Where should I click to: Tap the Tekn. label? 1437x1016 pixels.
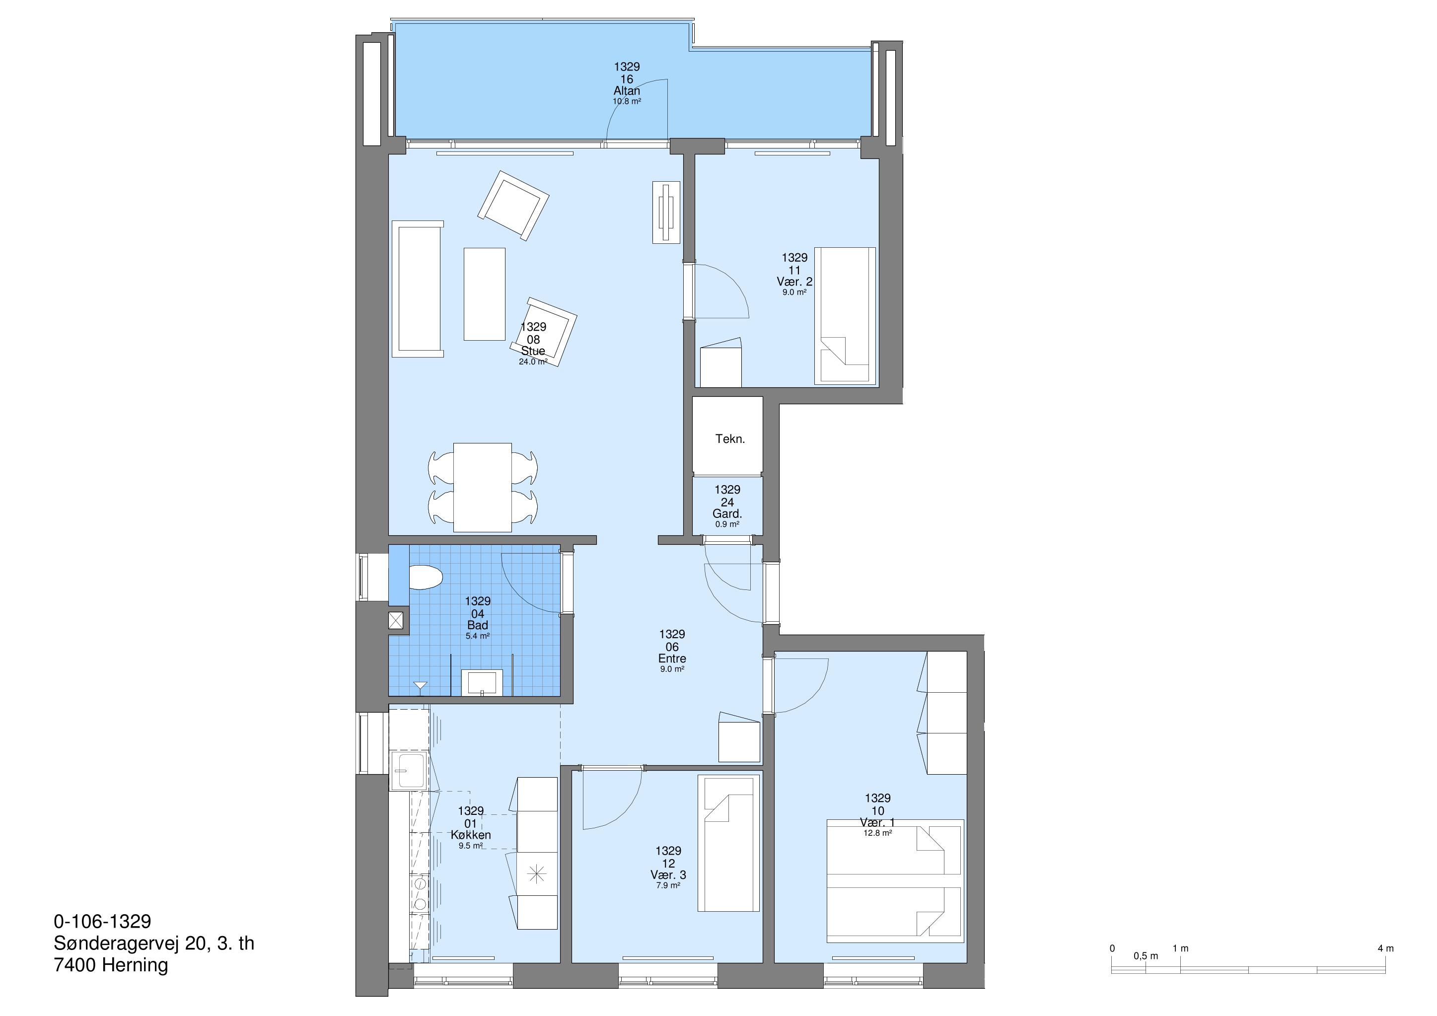(x=730, y=439)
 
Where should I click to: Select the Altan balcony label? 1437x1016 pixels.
(x=627, y=91)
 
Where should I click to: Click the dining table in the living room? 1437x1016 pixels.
(x=482, y=487)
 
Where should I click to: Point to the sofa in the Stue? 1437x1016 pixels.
(x=418, y=289)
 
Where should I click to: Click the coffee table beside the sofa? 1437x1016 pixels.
(x=485, y=293)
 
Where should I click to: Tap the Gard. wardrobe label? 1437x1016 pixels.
(x=727, y=514)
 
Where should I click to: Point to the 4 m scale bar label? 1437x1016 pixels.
(x=1386, y=948)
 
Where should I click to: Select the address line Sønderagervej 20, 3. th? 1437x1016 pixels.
(x=154, y=943)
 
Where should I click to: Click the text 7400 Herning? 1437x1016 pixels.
(x=111, y=965)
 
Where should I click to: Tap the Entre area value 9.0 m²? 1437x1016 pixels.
(x=672, y=669)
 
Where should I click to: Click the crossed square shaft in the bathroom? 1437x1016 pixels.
(x=396, y=620)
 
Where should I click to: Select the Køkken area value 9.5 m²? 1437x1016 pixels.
(x=471, y=846)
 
